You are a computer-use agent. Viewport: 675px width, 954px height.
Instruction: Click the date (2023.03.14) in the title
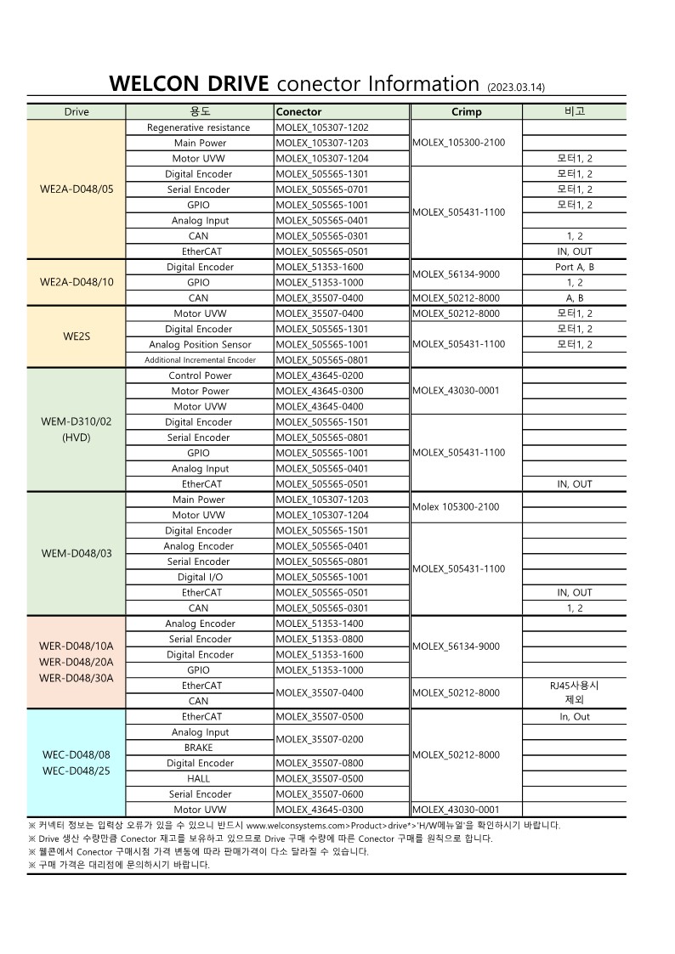[x=516, y=87]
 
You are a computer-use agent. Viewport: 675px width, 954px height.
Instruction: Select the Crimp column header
[x=466, y=112]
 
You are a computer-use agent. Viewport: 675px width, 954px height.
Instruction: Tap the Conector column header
[x=299, y=112]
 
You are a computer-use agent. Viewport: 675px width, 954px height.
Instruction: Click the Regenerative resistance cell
[x=199, y=127]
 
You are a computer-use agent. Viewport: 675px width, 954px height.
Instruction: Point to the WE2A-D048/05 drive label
[x=77, y=189]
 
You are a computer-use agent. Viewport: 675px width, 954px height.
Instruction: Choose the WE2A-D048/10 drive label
[x=77, y=282]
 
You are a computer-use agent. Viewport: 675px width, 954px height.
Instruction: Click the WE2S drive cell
[x=77, y=336]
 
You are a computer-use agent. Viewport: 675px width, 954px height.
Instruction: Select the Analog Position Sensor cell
[x=200, y=345]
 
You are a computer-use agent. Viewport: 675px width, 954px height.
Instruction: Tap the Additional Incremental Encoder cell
[x=200, y=360]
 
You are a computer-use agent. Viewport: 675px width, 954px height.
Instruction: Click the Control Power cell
[x=200, y=375]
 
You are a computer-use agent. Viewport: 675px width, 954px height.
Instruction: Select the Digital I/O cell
[x=200, y=577]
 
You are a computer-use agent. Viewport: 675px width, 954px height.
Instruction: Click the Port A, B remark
[x=575, y=267]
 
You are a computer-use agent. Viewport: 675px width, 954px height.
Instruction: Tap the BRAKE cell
[x=199, y=748]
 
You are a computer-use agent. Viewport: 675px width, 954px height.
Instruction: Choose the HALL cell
[x=199, y=778]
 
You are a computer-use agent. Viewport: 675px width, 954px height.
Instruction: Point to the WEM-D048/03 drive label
[x=77, y=554]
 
